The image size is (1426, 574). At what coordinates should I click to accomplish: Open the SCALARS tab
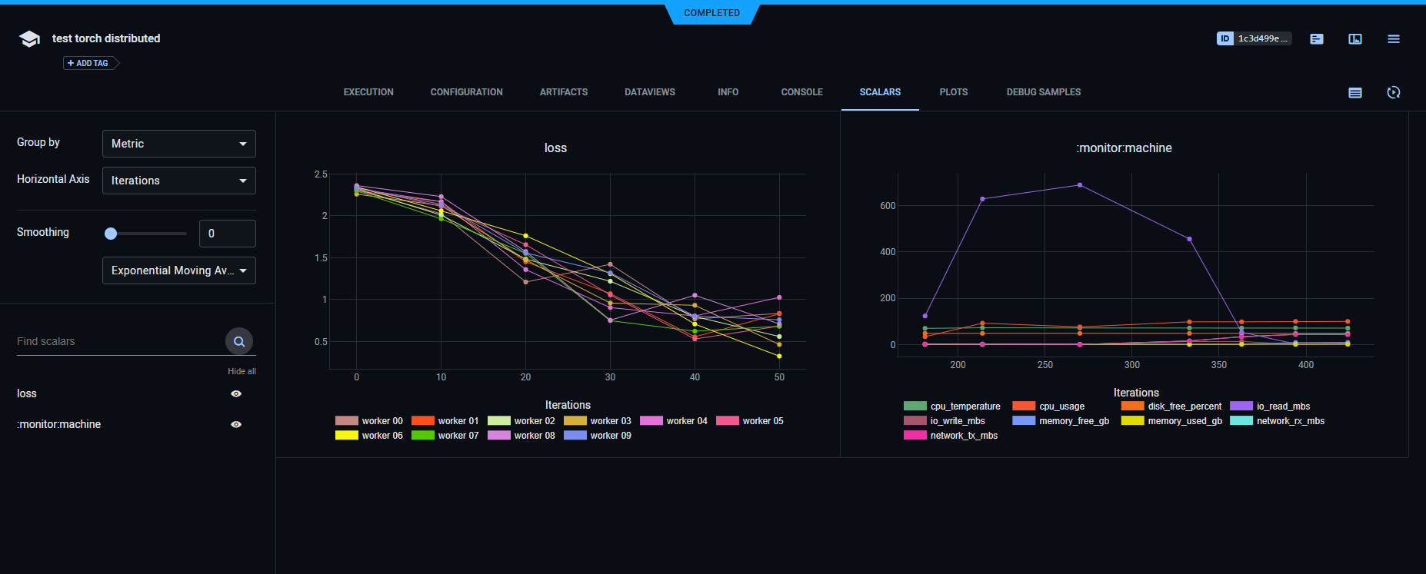point(880,92)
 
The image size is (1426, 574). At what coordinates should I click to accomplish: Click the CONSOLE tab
point(801,92)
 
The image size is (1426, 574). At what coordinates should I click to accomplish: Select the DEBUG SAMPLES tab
point(1043,92)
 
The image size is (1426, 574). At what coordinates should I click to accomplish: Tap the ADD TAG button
point(88,63)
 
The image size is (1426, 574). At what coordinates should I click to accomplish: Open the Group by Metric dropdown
point(178,144)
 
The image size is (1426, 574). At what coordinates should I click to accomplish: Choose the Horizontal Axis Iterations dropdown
point(178,181)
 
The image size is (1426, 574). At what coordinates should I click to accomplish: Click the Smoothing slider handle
point(111,234)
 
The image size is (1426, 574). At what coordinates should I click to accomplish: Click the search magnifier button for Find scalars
point(239,341)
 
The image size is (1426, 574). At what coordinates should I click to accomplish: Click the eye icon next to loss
point(236,393)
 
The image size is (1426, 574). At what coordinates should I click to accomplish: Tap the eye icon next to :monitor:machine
point(236,424)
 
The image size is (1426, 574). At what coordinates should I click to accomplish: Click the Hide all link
point(242,371)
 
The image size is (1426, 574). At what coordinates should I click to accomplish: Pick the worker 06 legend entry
point(369,436)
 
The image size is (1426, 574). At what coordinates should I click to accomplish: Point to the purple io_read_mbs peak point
point(1080,185)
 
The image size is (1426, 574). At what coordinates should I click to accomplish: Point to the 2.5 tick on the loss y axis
point(321,174)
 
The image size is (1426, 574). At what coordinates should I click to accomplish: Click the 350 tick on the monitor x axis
point(1219,365)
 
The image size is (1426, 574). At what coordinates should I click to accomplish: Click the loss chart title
point(555,148)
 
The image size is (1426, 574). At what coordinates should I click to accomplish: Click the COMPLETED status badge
point(711,13)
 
